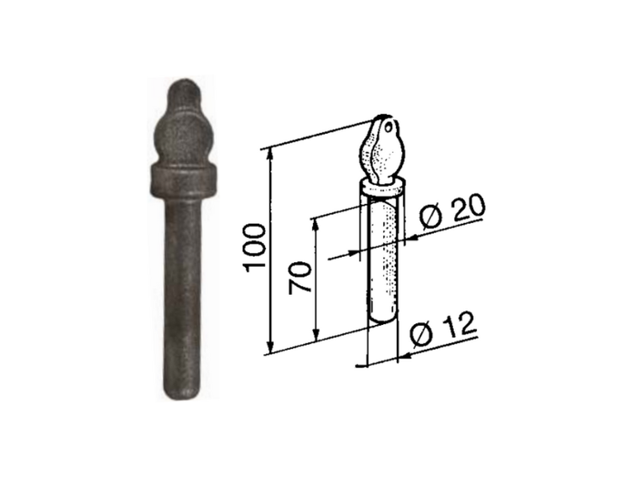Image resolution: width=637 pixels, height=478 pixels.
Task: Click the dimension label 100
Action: click(x=256, y=249)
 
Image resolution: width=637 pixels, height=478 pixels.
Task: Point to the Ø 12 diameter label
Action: click(x=444, y=333)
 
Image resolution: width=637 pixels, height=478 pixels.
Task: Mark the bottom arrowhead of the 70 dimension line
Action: click(x=315, y=331)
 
